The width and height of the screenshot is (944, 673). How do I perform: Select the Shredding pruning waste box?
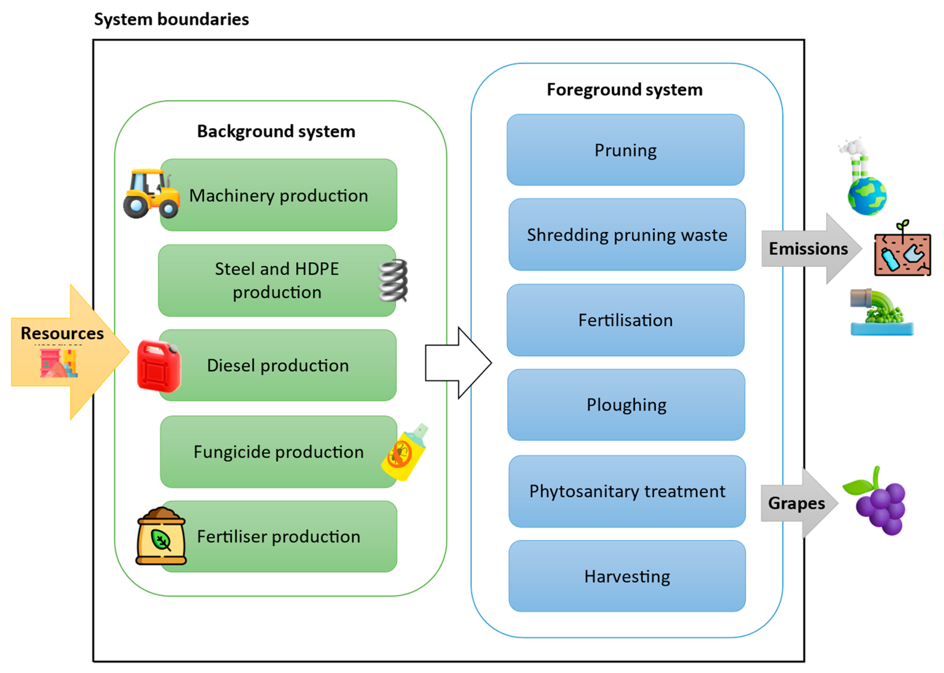coord(627,234)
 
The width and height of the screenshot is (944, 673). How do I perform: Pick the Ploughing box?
coord(626,405)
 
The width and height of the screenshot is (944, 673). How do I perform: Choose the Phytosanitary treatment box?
coord(627,491)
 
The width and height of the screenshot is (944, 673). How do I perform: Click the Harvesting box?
coord(627,576)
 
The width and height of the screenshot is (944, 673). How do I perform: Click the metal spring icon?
coord(393,281)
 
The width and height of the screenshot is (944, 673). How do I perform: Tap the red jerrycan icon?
coord(159,366)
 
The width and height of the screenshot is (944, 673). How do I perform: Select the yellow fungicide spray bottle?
coord(404,453)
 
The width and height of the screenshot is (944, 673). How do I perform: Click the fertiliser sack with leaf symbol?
coord(161,536)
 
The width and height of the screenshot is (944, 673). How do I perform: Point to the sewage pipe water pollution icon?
coord(881,313)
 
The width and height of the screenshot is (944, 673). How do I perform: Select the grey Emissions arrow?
coord(810,249)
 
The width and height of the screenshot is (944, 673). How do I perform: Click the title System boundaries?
coord(171,19)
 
